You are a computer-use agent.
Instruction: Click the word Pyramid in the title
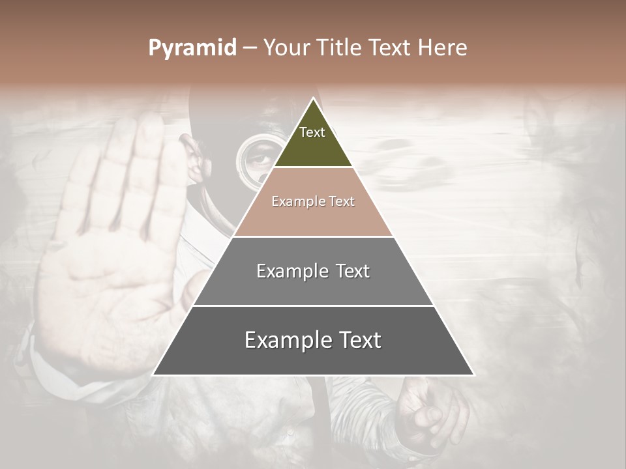[192, 48]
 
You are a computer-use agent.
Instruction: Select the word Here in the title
[443, 48]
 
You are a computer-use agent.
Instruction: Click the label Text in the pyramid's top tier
[312, 132]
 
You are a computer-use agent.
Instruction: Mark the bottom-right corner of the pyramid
[473, 375]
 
